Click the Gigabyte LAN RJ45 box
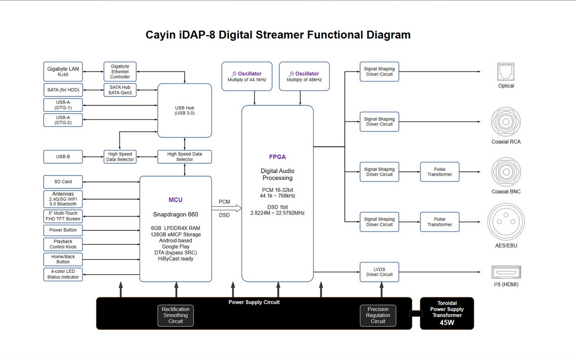pyautogui.click(x=63, y=72)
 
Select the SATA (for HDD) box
pyautogui.click(x=63, y=90)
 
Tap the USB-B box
pyautogui.click(x=63, y=156)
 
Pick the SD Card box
pyautogui.click(x=63, y=182)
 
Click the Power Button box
pyautogui.click(x=63, y=230)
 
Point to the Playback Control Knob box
pyautogui.click(x=63, y=244)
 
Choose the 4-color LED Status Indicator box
pyautogui.click(x=63, y=274)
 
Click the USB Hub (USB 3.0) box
pyautogui.click(x=185, y=110)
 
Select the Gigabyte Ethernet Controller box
pyautogui.click(x=120, y=71)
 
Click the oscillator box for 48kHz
pyautogui.click(x=304, y=76)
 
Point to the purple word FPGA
pyautogui.click(x=277, y=157)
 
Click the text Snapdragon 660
pyautogui.click(x=176, y=215)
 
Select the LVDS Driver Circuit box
pyautogui.click(x=379, y=272)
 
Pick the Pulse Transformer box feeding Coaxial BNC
pyautogui.click(x=440, y=172)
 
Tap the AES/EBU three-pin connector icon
pyautogui.click(x=506, y=221)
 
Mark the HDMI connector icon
pyautogui.click(x=506, y=272)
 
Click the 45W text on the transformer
pyautogui.click(x=446, y=323)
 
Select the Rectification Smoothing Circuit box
pyautogui.click(x=176, y=315)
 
